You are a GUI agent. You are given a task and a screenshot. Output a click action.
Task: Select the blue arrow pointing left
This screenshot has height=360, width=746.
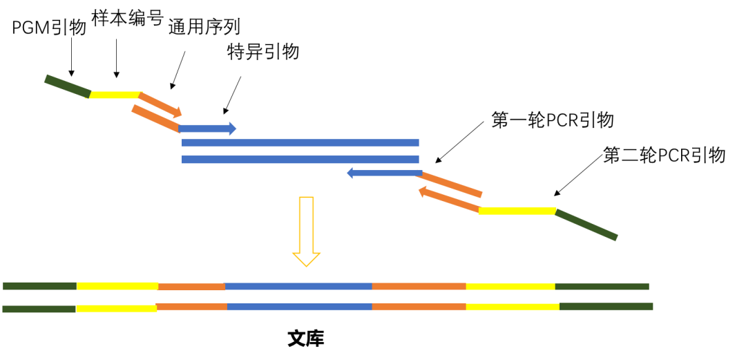click(x=383, y=173)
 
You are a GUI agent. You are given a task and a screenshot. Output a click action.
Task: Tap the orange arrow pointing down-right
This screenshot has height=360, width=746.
click(x=160, y=104)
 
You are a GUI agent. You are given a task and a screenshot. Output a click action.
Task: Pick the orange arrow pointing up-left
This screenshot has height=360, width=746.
click(x=448, y=200)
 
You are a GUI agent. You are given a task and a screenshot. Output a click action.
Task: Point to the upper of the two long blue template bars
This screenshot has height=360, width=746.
click(x=300, y=143)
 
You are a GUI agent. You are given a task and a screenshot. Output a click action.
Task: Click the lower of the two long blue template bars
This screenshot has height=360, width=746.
click(x=300, y=160)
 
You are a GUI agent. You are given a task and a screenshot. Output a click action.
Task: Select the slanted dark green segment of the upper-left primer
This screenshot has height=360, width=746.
click(x=67, y=86)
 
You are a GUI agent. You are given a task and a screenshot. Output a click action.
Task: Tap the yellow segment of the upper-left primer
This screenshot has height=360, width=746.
click(x=115, y=95)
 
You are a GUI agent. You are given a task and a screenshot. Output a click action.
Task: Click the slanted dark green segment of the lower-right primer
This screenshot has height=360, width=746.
click(x=586, y=225)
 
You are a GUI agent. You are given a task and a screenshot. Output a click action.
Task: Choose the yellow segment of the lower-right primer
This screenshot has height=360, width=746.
click(x=517, y=211)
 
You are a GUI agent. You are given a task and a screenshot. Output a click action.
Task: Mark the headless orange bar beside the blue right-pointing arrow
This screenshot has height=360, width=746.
click(x=155, y=117)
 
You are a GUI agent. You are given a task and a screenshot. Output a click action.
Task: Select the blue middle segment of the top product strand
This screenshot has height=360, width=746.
click(x=298, y=286)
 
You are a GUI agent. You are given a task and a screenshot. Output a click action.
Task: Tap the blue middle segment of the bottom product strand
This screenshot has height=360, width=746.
click(x=300, y=306)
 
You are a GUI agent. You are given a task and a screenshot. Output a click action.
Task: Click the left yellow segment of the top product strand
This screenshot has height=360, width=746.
click(x=117, y=286)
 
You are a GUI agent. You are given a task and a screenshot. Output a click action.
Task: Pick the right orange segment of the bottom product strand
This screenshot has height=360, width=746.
click(x=419, y=306)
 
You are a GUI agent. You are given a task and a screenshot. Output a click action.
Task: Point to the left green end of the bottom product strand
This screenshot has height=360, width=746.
click(x=39, y=309)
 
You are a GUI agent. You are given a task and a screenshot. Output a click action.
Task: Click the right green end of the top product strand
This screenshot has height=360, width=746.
click(x=602, y=287)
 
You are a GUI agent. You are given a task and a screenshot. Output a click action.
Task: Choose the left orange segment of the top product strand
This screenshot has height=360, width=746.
click(x=191, y=287)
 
